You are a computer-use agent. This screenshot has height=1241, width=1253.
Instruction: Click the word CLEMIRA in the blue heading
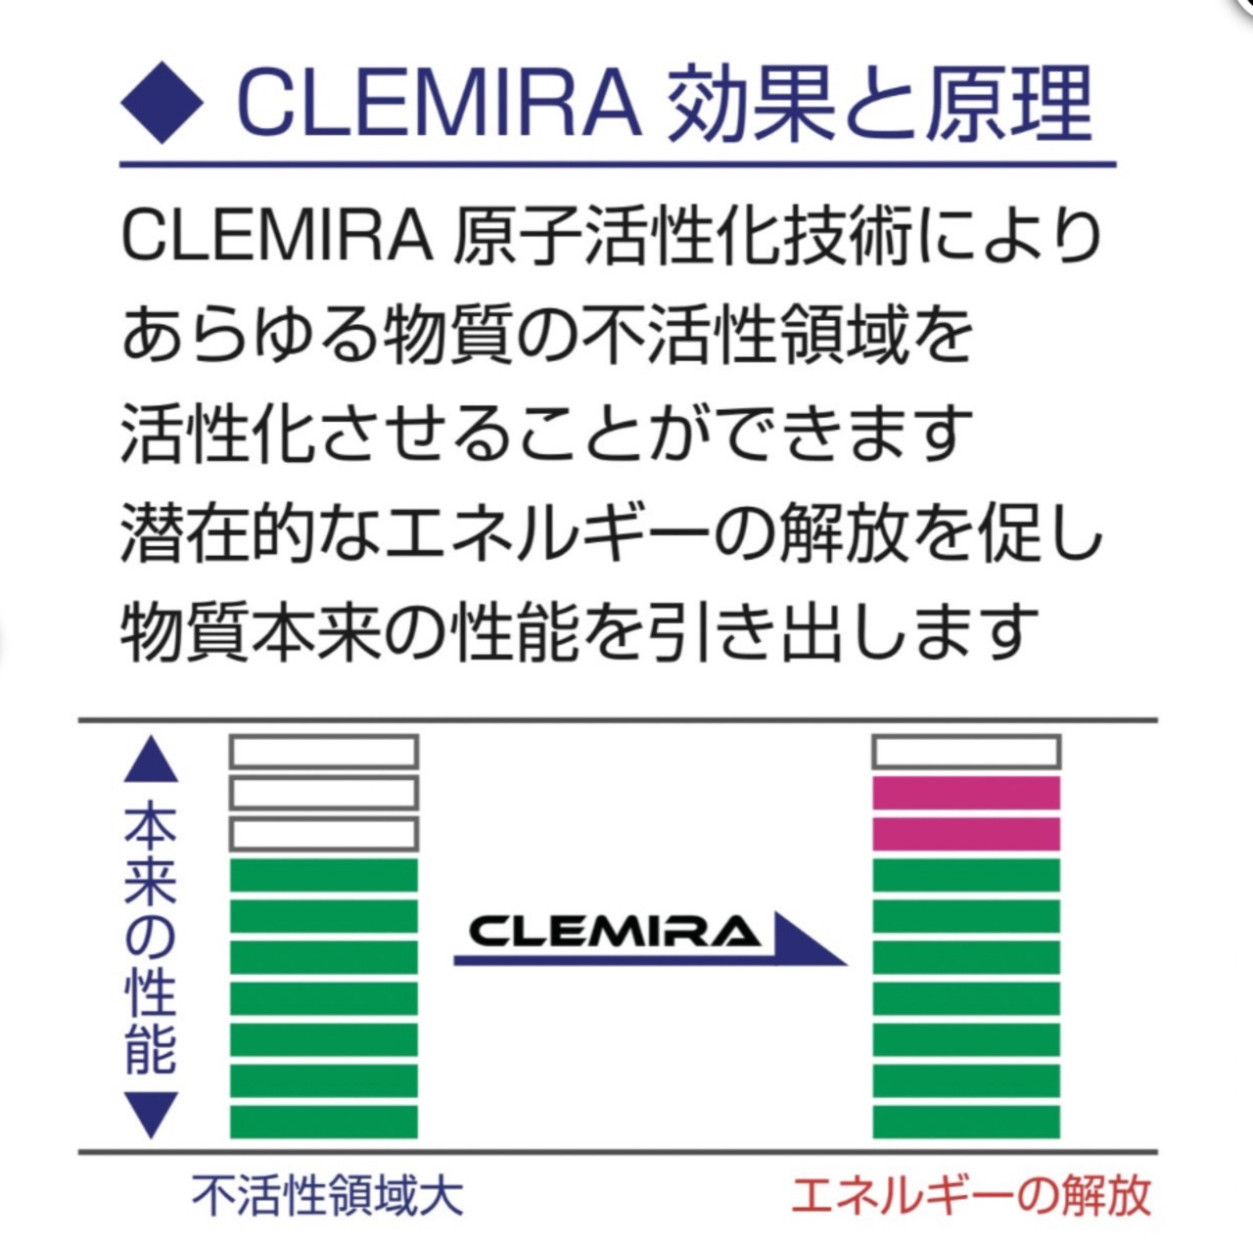pos(438,104)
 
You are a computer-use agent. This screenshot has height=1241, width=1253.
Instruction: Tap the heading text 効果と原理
pos(878,104)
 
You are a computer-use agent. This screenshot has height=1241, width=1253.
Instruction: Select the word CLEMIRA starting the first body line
pos(277,237)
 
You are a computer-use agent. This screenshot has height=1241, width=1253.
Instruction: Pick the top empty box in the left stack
pos(324,752)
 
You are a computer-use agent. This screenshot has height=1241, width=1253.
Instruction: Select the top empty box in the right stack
pos(966,752)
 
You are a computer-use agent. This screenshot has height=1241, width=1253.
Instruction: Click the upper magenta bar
pos(966,793)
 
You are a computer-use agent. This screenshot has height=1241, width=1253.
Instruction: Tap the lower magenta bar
pos(966,834)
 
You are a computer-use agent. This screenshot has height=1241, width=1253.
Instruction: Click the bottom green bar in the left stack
pos(324,1122)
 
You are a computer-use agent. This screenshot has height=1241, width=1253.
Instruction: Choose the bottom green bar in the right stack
pos(966,1122)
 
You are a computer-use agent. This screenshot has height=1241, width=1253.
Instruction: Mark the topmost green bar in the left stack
pos(324,875)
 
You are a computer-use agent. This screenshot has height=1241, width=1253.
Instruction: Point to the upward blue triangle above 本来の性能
pos(152,760)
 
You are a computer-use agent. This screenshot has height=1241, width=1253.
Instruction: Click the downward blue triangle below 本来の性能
pos(152,1115)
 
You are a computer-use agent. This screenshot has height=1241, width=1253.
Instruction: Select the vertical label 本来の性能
pos(152,938)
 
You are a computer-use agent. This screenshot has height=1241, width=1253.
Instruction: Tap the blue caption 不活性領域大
pos(327,1196)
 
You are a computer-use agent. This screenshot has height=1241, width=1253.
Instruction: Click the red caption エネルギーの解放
pos(970,1196)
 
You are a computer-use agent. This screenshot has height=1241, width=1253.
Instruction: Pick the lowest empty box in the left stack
pos(324,834)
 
